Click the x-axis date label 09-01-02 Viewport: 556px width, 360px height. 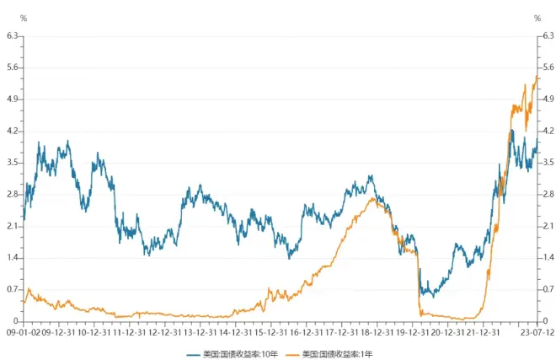(x=22, y=332)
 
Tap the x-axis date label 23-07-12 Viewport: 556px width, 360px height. (x=536, y=332)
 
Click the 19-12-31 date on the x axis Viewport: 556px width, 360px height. (x=413, y=332)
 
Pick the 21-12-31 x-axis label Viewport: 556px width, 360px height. (x=484, y=332)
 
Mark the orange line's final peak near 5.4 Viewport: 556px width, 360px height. (x=537, y=78)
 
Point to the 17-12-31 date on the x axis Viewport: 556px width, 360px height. (x=341, y=332)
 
